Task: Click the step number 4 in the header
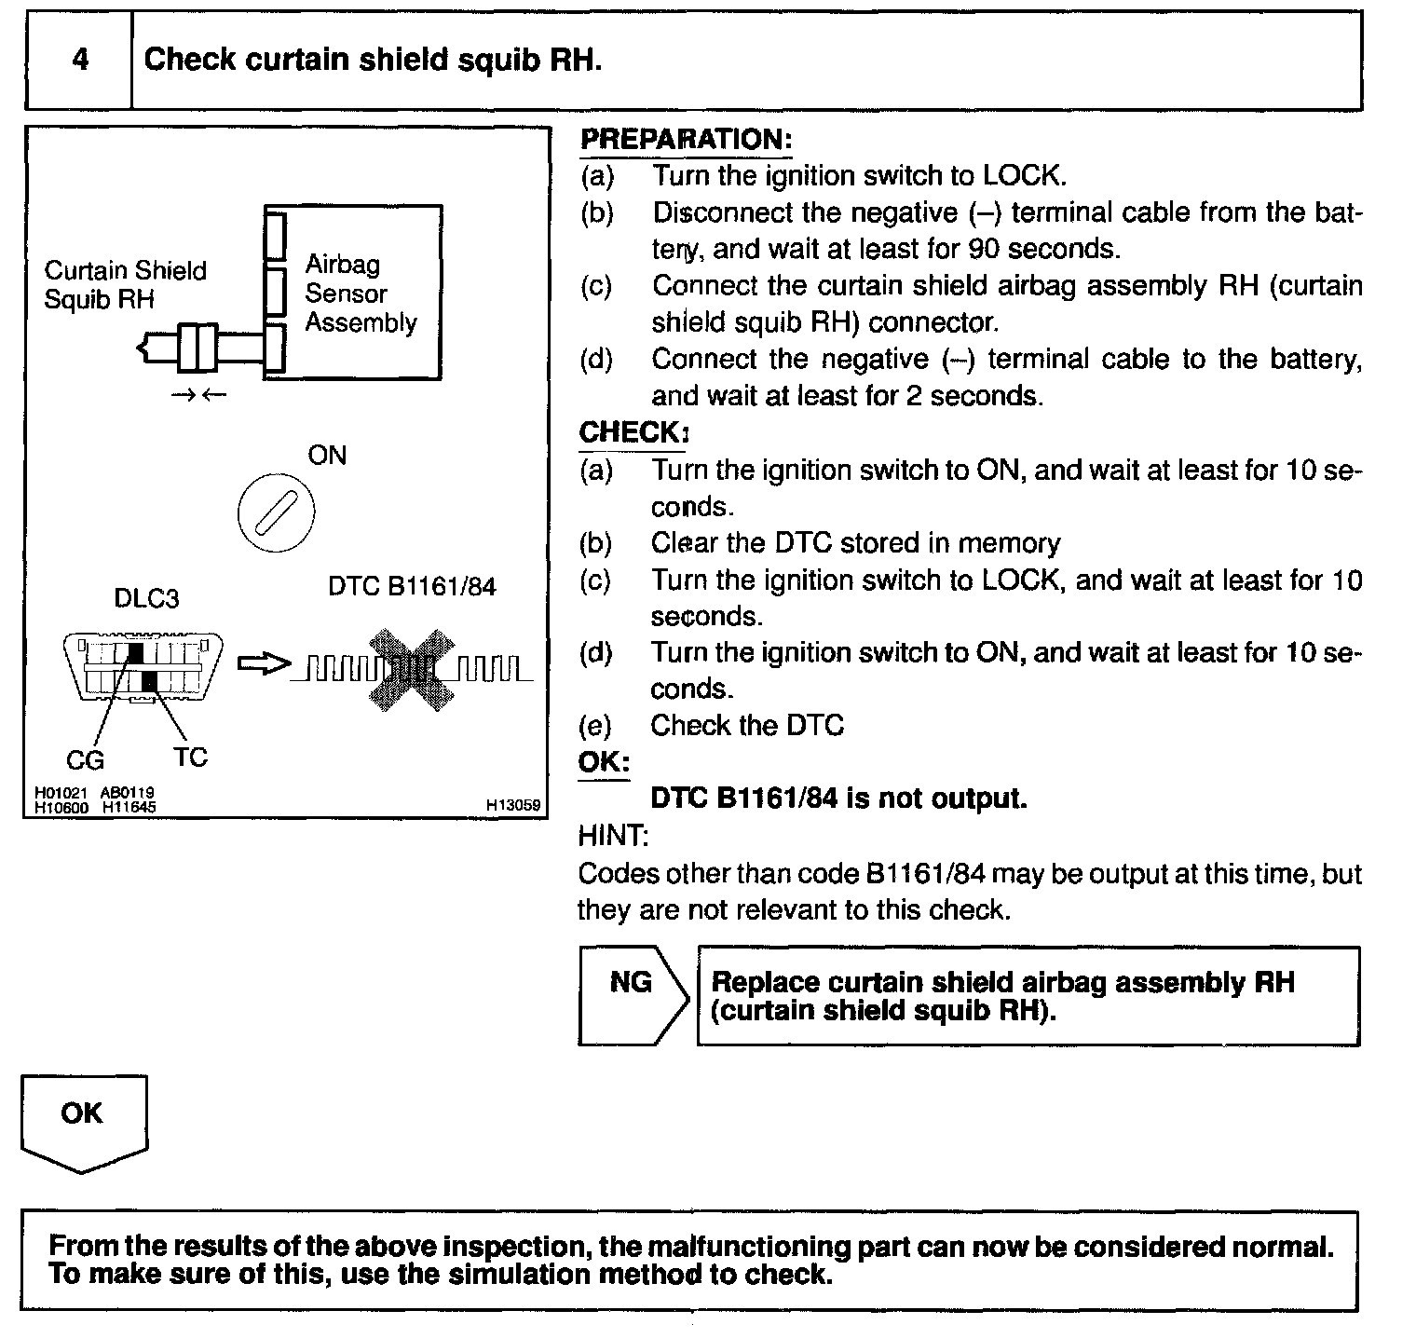tap(81, 60)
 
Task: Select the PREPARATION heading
tap(686, 140)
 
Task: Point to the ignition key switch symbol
tap(277, 513)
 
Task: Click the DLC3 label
tap(146, 598)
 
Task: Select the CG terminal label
tap(85, 760)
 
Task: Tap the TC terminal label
tap(190, 757)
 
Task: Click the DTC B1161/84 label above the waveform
tap(412, 586)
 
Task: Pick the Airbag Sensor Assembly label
tap(361, 294)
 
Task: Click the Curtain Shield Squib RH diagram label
tap(125, 284)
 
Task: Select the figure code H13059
tap(512, 804)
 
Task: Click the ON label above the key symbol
tap(327, 456)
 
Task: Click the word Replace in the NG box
tap(765, 983)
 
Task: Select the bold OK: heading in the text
tap(604, 762)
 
